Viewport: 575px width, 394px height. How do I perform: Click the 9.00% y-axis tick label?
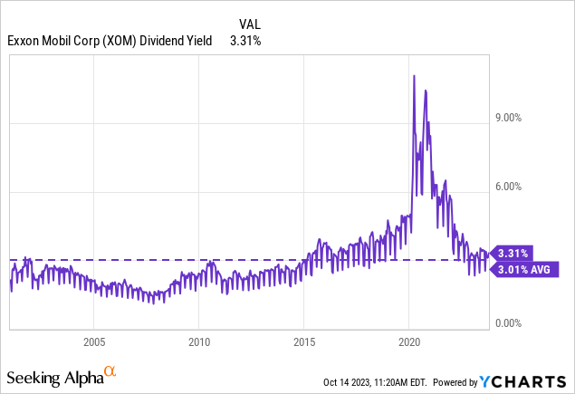point(511,118)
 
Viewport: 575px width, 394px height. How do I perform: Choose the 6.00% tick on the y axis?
point(511,187)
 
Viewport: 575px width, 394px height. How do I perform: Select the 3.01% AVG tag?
point(523,268)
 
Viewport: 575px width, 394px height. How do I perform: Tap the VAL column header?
point(250,24)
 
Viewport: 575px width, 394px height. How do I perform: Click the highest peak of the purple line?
point(414,76)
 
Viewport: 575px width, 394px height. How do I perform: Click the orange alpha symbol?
point(110,371)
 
